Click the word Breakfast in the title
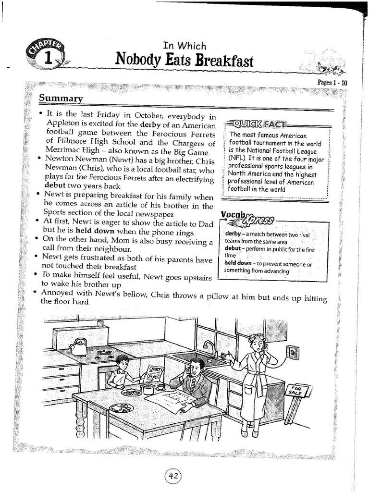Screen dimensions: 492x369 click(225, 61)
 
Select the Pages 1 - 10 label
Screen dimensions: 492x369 click(332, 83)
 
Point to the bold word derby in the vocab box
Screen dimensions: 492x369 click(233, 234)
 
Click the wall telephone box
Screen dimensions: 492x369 click(292, 352)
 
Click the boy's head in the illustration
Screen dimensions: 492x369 click(123, 363)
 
